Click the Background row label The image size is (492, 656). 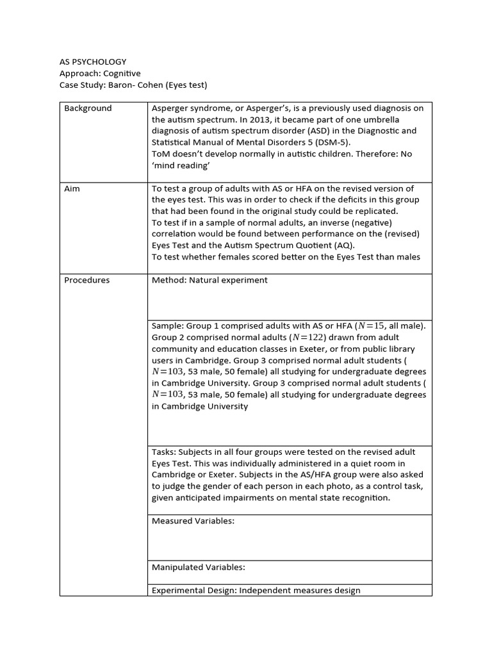(x=88, y=108)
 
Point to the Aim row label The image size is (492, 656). (x=72, y=189)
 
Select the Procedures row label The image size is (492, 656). (x=86, y=280)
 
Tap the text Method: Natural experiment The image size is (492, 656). (x=209, y=280)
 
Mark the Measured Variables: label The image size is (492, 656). (x=193, y=521)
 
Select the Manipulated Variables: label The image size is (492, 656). (x=199, y=567)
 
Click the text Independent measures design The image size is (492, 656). (x=300, y=590)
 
